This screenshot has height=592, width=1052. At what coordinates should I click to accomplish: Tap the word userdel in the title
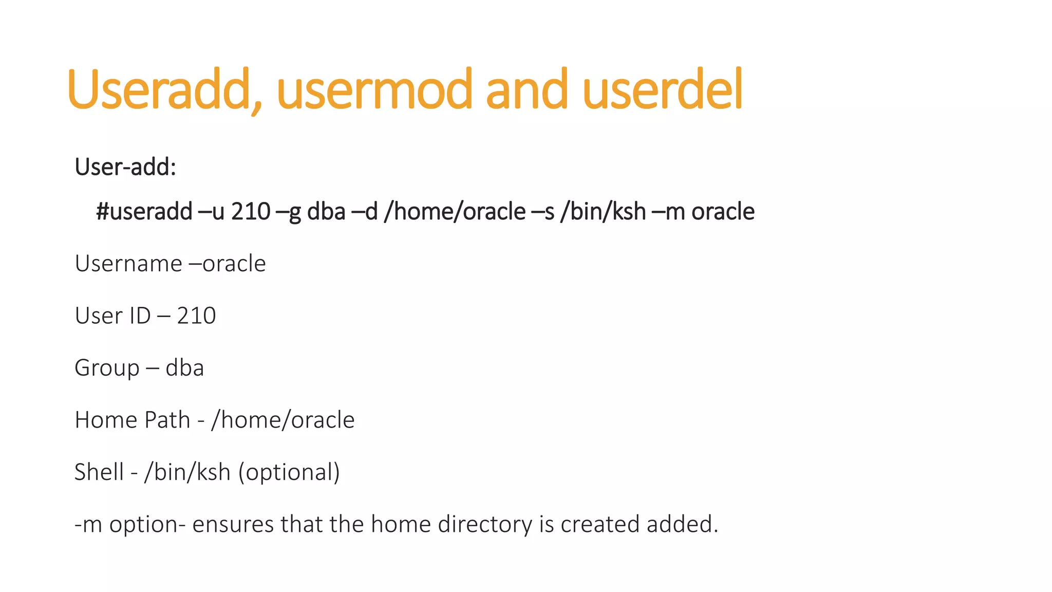(663, 91)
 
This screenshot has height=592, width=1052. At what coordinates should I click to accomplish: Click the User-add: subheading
(125, 167)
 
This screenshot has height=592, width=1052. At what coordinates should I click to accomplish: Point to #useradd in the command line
(144, 212)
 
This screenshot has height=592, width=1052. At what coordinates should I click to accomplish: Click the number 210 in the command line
(251, 212)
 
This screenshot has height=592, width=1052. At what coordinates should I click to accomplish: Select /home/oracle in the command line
(455, 212)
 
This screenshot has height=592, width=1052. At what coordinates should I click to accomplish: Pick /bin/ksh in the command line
(603, 212)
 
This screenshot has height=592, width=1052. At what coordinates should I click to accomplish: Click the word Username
(128, 264)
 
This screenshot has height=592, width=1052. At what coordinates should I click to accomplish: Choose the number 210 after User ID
(196, 316)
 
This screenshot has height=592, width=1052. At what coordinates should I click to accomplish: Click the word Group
(107, 368)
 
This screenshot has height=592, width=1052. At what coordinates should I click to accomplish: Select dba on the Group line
(184, 368)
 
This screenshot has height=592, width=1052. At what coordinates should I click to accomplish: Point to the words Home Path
(132, 420)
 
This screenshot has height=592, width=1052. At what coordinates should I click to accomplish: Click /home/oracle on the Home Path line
(283, 420)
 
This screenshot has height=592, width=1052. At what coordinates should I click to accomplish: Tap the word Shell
(99, 472)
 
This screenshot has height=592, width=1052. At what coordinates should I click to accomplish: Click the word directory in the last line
(485, 525)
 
